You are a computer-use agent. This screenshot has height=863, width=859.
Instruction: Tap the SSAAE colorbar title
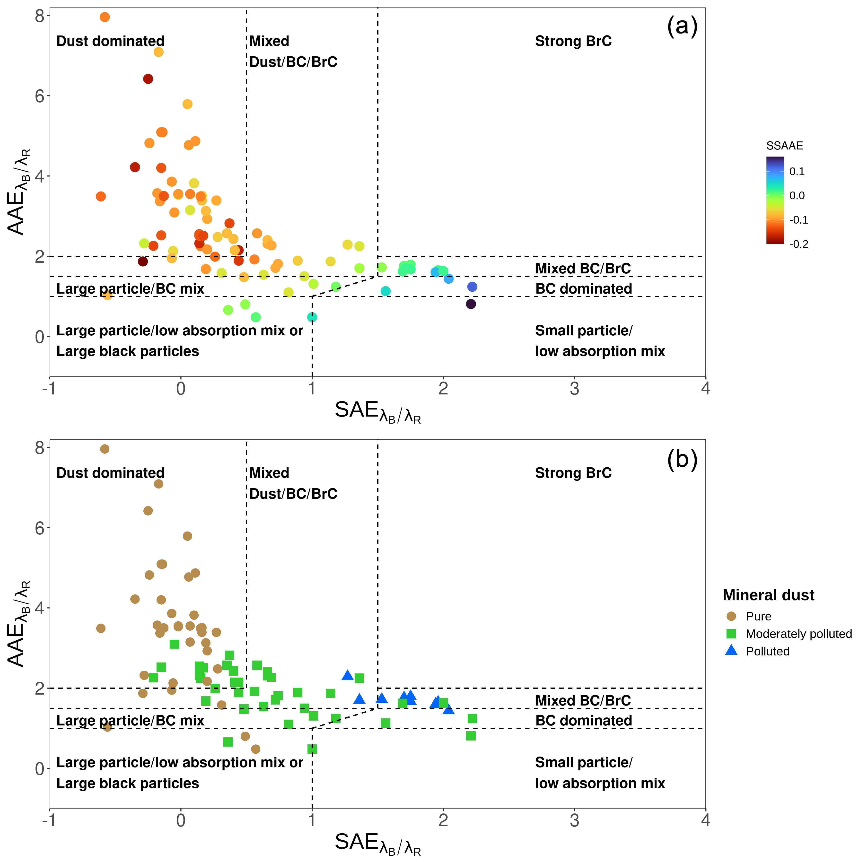click(784, 146)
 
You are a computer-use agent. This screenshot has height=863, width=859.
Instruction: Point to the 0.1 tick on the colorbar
click(797, 172)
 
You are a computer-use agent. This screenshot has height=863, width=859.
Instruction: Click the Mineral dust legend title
click(768, 595)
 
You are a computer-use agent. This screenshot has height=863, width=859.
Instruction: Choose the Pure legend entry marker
click(731, 616)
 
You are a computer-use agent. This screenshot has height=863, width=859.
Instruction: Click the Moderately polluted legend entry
click(798, 634)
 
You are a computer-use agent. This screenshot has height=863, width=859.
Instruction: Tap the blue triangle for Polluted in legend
click(731, 651)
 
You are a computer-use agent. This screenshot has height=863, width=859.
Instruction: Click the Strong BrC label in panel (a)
click(573, 41)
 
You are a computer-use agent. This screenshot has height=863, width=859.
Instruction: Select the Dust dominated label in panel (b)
click(110, 473)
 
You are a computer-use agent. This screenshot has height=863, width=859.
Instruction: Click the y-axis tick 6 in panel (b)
click(40, 528)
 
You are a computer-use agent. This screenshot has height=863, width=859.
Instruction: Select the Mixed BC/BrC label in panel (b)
click(583, 700)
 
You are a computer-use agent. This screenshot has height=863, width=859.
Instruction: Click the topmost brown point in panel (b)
click(105, 449)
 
